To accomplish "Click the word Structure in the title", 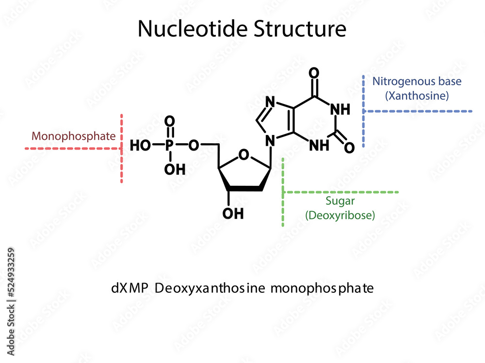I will pyautogui.click(x=299, y=29).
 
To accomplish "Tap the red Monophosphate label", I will pyautogui.click(x=74, y=136).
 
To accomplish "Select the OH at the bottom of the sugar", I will pyautogui.click(x=233, y=213).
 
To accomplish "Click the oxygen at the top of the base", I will pyautogui.click(x=314, y=74).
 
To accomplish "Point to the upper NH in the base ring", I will pyautogui.click(x=340, y=110).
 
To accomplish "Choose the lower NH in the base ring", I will pyautogui.click(x=320, y=145).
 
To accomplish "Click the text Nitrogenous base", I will pyautogui.click(x=417, y=81).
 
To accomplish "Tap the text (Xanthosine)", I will pyautogui.click(x=417, y=96).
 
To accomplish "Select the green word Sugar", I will pyautogui.click(x=339, y=201).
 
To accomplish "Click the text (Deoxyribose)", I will pyautogui.click(x=339, y=215).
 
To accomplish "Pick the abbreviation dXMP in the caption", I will pyautogui.click(x=128, y=288).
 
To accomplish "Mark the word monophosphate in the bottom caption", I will pyautogui.click(x=322, y=288).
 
